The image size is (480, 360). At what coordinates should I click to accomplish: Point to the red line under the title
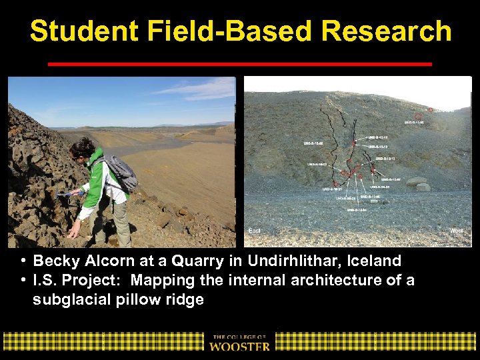click(240, 64)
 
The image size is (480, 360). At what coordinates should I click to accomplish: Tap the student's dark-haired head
click(83, 147)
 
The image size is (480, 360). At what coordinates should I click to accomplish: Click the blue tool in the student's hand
click(65, 195)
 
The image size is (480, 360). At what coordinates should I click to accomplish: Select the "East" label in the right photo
click(255, 231)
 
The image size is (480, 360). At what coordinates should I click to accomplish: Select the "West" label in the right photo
click(457, 231)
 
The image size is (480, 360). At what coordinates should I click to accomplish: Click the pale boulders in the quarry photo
click(417, 183)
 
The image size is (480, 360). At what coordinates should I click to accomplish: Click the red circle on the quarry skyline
click(431, 110)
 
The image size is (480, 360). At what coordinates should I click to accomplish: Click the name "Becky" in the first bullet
click(57, 261)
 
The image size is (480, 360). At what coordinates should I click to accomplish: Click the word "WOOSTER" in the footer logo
click(240, 346)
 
